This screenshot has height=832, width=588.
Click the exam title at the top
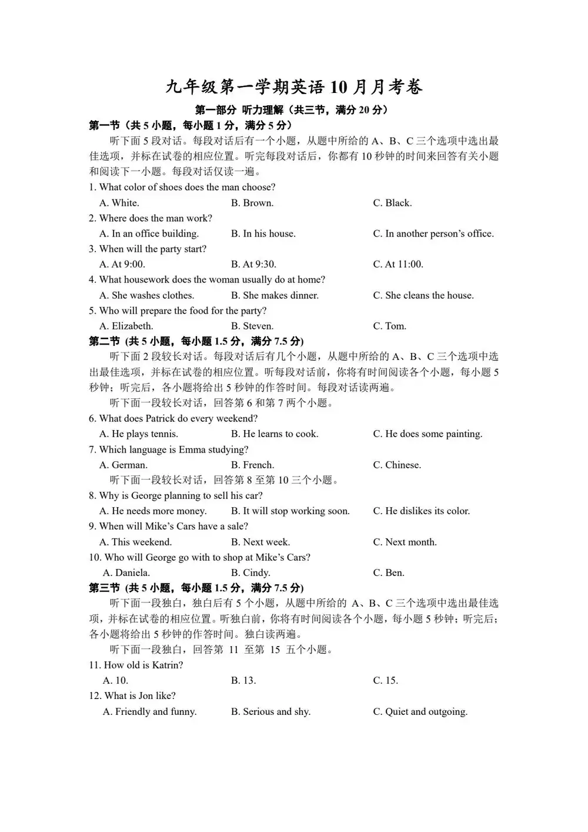pos(293,87)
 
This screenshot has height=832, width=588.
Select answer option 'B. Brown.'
pos(252,203)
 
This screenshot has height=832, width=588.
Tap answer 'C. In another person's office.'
pos(433,234)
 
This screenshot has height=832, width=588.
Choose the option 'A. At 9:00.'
pos(122,264)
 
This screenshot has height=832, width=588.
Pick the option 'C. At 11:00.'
pos(398,264)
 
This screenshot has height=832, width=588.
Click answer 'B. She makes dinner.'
pos(275,295)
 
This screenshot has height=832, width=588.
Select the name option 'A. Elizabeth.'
pos(126,326)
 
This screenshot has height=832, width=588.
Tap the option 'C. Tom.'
pos(389,326)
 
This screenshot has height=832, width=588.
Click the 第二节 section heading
pos(196,341)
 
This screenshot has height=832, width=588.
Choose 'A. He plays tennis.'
pos(139,434)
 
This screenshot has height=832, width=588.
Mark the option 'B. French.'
pos(252,465)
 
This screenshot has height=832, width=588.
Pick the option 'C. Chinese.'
pos(397,465)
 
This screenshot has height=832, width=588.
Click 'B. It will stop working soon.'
pos(290,511)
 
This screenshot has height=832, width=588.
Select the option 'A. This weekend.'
pos(136,542)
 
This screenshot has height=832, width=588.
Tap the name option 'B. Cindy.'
pos(250,573)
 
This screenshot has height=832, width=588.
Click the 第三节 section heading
pos(196,588)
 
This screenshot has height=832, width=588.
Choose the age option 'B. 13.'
pos(243,681)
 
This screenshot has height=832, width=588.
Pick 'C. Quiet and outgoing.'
pos(420,712)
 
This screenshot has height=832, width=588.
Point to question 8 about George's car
pos(176,496)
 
